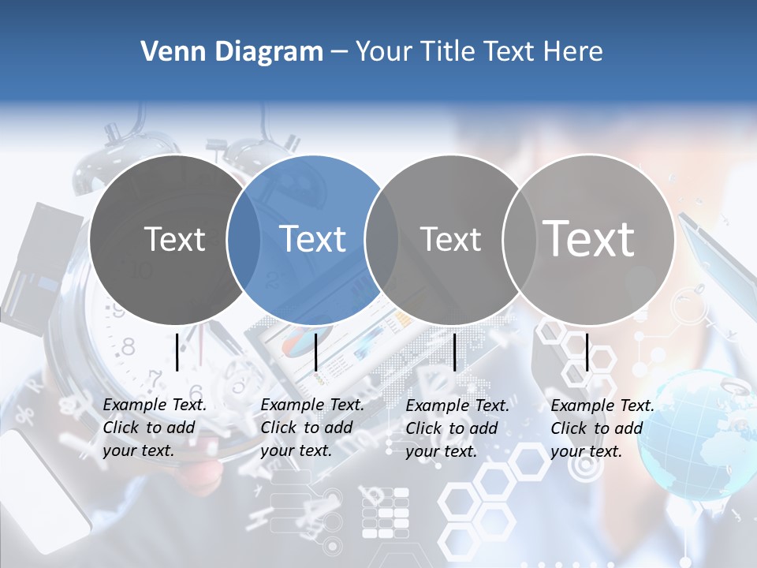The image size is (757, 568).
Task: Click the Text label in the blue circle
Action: click(313, 239)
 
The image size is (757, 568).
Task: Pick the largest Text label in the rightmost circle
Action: click(589, 239)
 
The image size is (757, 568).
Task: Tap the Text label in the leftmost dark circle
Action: click(175, 239)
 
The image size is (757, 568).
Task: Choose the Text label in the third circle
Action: click(451, 239)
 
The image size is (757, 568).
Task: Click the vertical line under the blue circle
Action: click(315, 352)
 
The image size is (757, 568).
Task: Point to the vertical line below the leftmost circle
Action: click(177, 352)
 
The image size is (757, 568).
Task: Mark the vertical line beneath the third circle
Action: click(455, 352)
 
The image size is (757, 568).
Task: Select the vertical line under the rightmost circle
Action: click(587, 352)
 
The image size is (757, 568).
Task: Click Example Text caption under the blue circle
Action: click(312, 405)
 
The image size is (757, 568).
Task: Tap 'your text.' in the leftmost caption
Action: click(138, 451)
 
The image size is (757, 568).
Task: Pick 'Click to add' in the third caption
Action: click(452, 428)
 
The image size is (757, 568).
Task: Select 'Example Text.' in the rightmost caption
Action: click(602, 405)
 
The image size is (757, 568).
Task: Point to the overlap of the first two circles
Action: click(244, 239)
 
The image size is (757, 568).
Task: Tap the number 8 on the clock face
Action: click(128, 346)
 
